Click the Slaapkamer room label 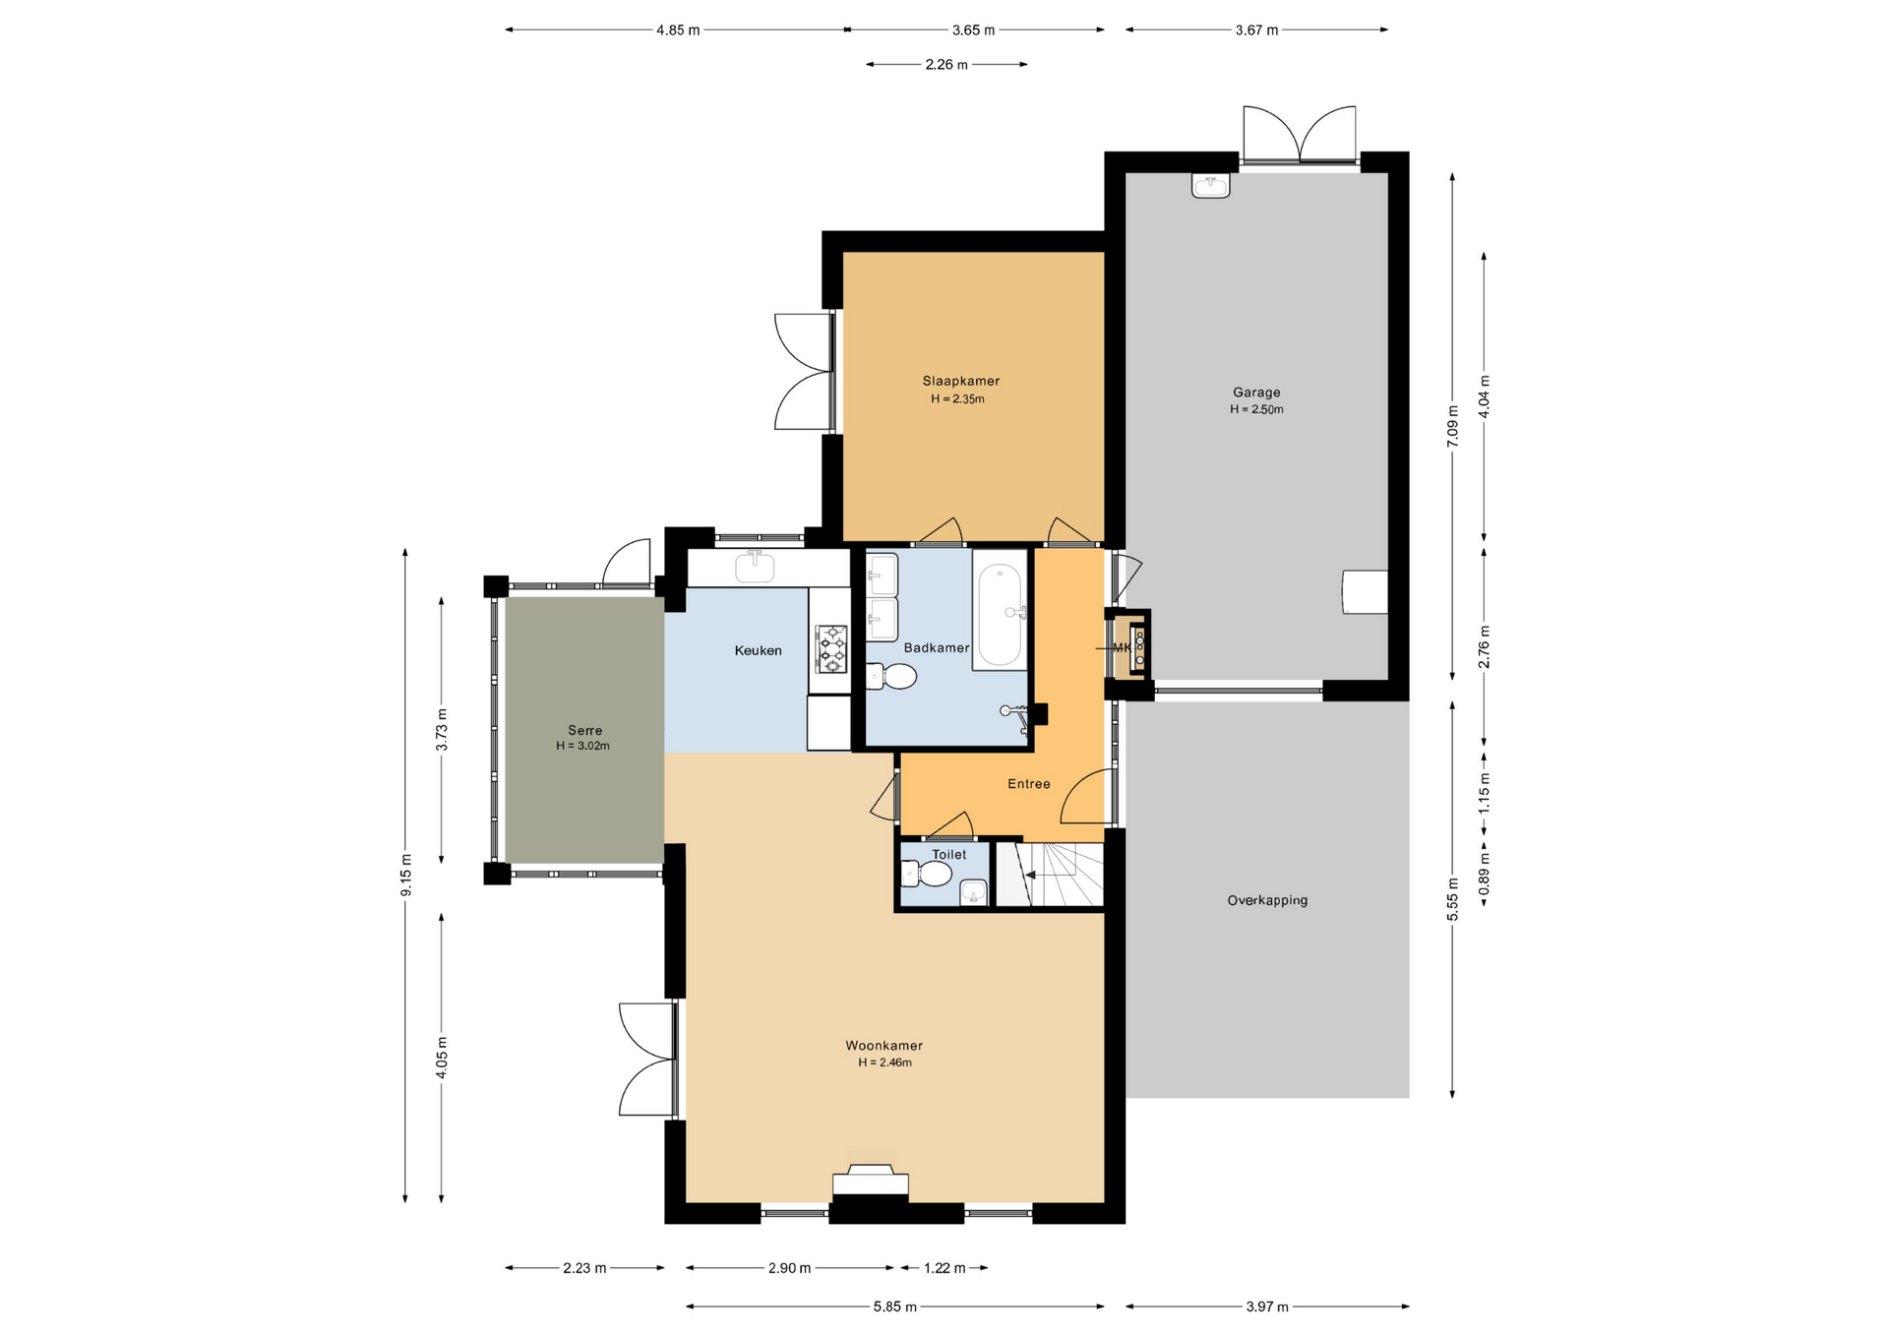[x=960, y=381]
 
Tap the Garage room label [x=1256, y=393]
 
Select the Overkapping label [x=1267, y=900]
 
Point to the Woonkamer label [x=884, y=1046]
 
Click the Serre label [x=584, y=730]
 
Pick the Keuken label [x=759, y=650]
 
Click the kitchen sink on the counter [x=755, y=567]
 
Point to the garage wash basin [x=1210, y=186]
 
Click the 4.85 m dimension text [x=678, y=30]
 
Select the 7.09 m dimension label [x=1452, y=427]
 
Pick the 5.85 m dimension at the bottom [x=895, y=1306]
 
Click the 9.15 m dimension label [x=405, y=875]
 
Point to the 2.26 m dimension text [x=946, y=65]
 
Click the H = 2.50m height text [x=1256, y=409]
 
